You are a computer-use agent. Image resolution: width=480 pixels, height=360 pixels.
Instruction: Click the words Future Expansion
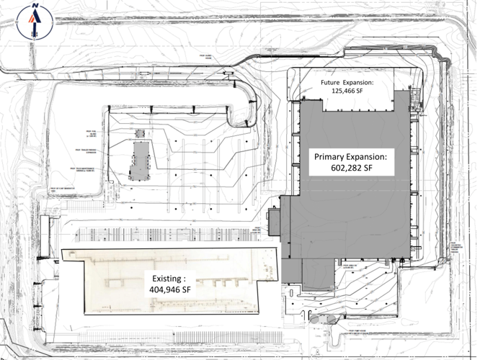pos(348,82)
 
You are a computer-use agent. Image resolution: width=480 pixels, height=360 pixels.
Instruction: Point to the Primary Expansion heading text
pos(349,156)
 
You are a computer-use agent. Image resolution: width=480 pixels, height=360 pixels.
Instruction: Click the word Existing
pos(167,277)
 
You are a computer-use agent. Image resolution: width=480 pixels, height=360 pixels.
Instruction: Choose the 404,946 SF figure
pos(169,289)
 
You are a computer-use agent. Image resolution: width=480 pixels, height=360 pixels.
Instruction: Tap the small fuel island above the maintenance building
pos(140,134)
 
